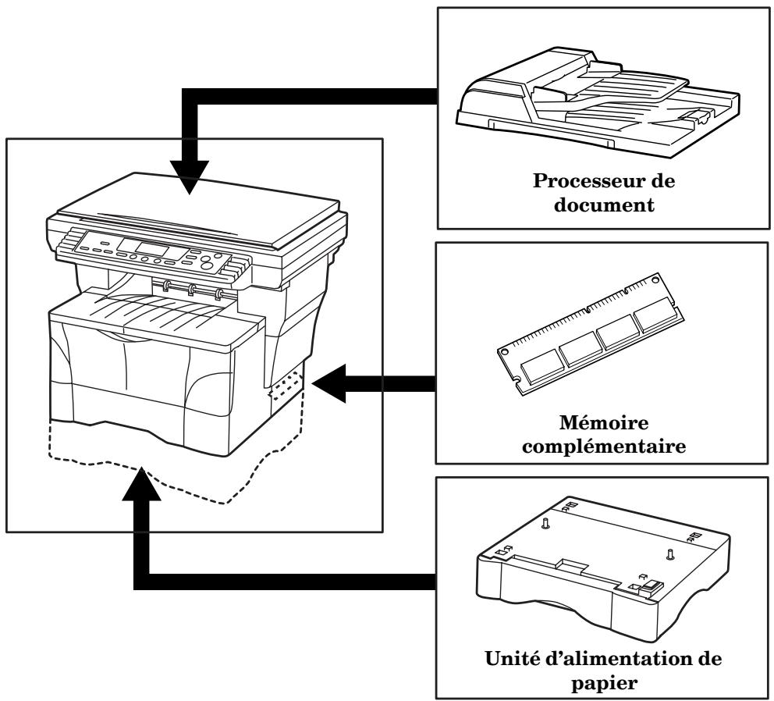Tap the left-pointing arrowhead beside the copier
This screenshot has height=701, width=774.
coord(333,383)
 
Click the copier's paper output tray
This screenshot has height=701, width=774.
coord(156,308)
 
